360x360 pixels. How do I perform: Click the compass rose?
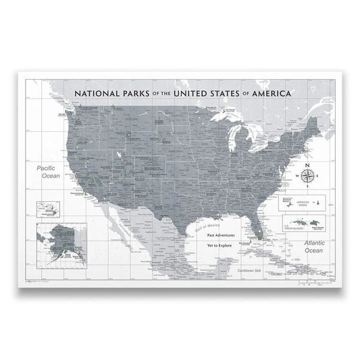tap(307, 177)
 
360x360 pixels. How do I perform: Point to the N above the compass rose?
tap(307, 165)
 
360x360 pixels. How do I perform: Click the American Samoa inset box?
tap(303, 202)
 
